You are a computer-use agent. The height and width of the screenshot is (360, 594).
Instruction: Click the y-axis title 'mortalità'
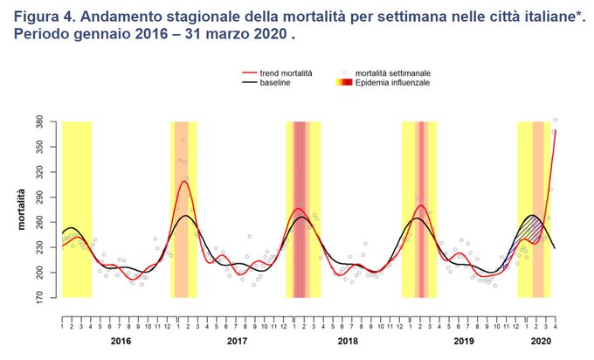(x=21, y=210)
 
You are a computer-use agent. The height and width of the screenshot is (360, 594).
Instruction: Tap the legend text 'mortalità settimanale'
(x=392, y=73)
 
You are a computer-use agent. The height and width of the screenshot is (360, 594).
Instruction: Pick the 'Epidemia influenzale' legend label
(x=391, y=82)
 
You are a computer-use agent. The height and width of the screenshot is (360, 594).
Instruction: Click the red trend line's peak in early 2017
(x=184, y=181)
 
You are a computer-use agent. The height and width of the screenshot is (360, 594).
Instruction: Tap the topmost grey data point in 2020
(x=556, y=120)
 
